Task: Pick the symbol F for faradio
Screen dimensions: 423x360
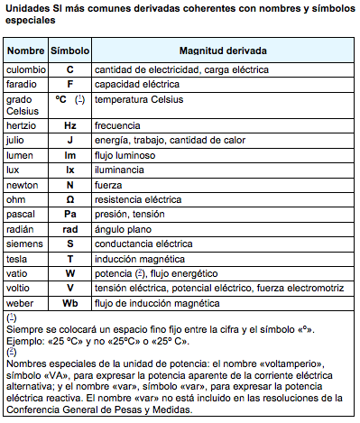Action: pos(69,83)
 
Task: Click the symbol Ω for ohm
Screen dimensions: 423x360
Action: pos(69,198)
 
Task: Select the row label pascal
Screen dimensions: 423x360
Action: pos(21,214)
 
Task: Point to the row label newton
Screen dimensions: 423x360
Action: pos(23,184)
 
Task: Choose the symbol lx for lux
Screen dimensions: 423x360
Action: pos(69,170)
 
